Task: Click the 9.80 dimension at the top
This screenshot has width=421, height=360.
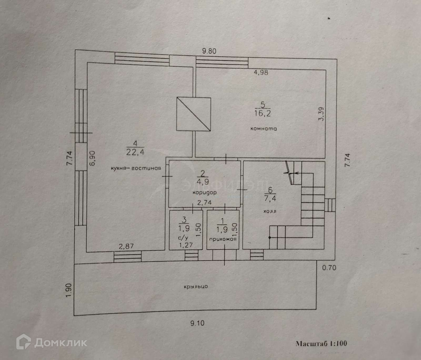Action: (209, 51)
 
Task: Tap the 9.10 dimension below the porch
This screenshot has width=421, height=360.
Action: (197, 323)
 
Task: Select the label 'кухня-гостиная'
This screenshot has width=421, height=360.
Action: (136, 168)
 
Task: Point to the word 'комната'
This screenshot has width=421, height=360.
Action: (263, 129)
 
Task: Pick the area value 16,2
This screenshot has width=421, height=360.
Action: (262, 113)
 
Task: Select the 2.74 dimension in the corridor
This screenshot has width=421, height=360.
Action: (205, 203)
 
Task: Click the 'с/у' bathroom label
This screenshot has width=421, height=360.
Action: (183, 239)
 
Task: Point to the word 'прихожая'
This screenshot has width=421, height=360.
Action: (223, 239)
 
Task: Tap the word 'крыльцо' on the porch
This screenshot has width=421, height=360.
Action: (196, 286)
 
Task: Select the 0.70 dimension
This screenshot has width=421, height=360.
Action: (329, 268)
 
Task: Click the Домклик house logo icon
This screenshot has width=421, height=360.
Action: (23, 343)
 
